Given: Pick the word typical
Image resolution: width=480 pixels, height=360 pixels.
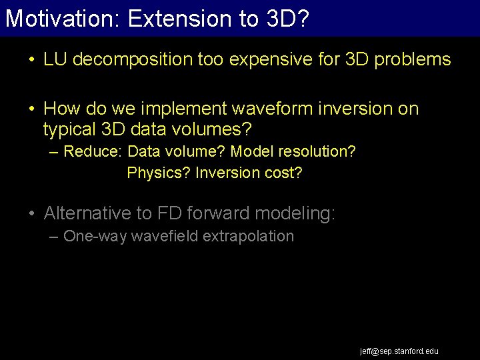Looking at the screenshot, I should [71, 127].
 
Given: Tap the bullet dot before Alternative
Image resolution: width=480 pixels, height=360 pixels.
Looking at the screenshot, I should [31, 214].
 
